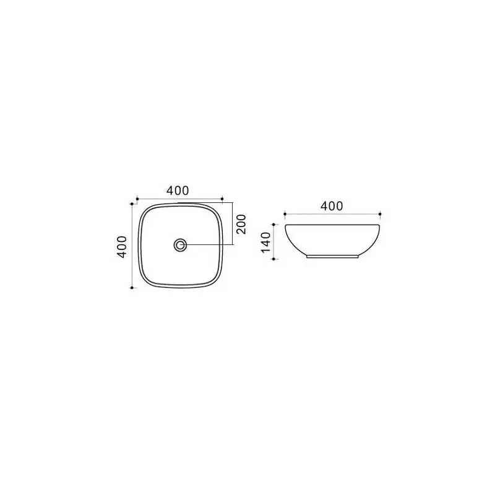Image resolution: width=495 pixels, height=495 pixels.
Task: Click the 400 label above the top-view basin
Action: [178, 191]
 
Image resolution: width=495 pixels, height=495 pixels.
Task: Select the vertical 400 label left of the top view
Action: [122, 246]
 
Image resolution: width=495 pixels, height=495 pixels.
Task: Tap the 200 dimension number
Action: [241, 224]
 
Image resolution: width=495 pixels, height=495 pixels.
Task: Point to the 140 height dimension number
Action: [266, 242]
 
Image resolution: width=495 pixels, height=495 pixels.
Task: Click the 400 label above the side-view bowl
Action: [332, 206]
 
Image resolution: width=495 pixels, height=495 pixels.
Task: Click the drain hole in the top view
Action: [180, 244]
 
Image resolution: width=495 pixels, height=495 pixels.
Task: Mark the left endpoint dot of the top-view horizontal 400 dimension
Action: [137, 199]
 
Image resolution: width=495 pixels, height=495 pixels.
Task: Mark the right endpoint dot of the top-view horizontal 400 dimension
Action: [222, 199]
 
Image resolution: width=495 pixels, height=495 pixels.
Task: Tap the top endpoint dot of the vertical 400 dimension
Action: [132, 204]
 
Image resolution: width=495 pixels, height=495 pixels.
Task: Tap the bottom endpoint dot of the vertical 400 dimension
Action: [132, 288]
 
